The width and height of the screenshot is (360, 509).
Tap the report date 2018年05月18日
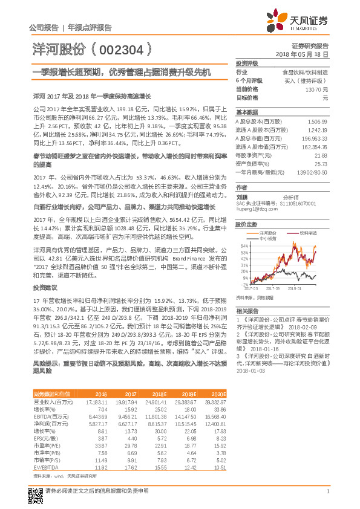pos(310,54)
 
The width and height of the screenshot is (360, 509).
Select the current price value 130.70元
pos(316,89)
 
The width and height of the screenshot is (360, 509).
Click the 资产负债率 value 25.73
pos(321,164)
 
